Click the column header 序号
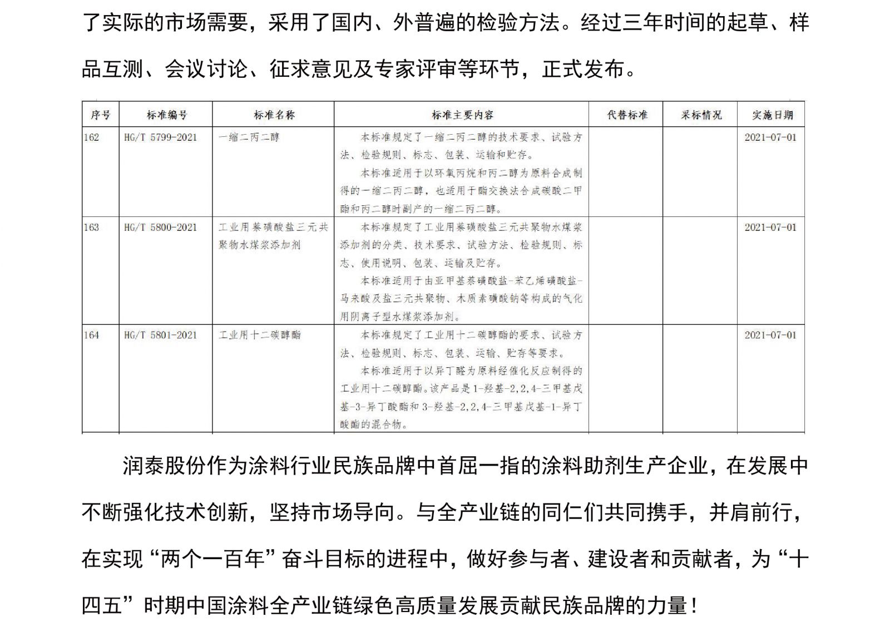click(101, 115)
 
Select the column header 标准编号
click(166, 115)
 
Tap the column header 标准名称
click(274, 115)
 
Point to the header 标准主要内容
click(462, 115)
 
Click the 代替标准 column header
click(627, 115)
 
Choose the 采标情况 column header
click(701, 115)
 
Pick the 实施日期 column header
click(772, 115)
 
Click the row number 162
click(92, 137)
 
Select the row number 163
click(92, 228)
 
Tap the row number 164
click(92, 335)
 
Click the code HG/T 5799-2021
click(161, 137)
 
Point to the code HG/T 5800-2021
click(161, 228)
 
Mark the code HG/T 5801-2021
click(161, 335)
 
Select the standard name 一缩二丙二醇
click(249, 137)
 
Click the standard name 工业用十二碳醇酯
click(260, 335)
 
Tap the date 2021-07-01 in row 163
click(770, 228)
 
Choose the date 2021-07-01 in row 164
click(770, 335)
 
